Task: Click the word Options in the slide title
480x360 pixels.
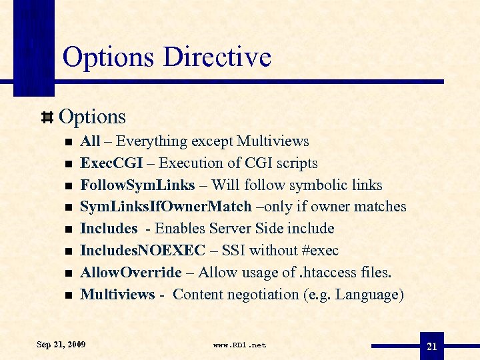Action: (x=109, y=57)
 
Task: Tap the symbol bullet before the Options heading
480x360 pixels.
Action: (x=48, y=117)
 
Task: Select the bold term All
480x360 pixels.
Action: (x=89, y=141)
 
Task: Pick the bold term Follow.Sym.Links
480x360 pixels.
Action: (x=137, y=185)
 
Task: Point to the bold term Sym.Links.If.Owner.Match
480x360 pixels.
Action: (x=166, y=207)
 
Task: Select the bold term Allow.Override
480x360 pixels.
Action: (x=131, y=273)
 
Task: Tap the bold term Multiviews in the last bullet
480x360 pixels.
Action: (x=117, y=295)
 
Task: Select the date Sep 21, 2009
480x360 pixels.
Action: (x=61, y=345)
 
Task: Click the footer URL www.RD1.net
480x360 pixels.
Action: (x=239, y=345)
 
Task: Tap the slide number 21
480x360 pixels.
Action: (x=431, y=347)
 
